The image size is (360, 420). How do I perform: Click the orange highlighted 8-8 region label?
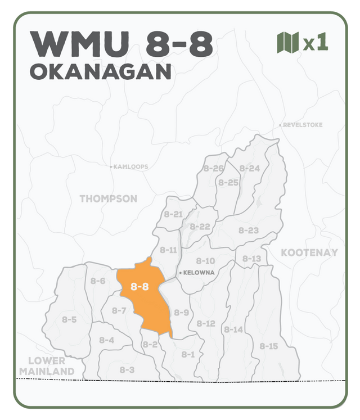click(x=139, y=287)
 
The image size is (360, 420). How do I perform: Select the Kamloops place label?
click(x=130, y=167)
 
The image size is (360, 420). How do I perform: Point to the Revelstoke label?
click(x=303, y=125)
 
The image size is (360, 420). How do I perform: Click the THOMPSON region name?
click(x=108, y=198)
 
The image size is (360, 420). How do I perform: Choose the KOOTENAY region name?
click(x=309, y=252)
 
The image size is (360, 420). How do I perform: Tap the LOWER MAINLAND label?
click(x=47, y=366)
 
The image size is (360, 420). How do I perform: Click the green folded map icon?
click(x=287, y=43)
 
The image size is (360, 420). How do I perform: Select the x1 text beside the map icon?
click(x=315, y=43)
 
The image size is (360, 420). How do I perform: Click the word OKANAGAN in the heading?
click(x=100, y=72)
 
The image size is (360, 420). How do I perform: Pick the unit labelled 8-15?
click(x=268, y=346)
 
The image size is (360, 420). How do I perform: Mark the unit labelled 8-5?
click(x=69, y=319)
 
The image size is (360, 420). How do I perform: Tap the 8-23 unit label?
click(x=248, y=230)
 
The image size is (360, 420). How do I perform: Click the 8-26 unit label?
click(x=214, y=168)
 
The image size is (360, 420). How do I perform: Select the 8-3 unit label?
click(x=127, y=369)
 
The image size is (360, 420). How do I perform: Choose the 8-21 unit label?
click(x=173, y=214)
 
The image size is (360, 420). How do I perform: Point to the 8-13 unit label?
click(x=251, y=259)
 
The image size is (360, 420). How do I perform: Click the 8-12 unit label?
click(x=206, y=323)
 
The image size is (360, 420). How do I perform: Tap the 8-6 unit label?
click(x=98, y=281)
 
